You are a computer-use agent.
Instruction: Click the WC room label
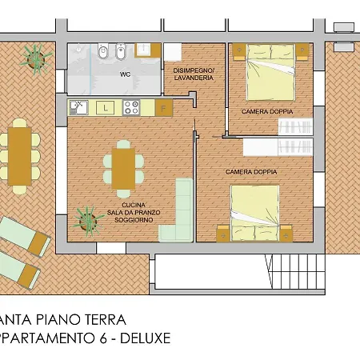pos(125,74)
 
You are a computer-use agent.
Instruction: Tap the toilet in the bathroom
pos(102,54)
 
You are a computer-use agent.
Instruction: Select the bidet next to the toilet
pos(118,54)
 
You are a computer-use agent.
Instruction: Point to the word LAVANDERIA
pos(192,78)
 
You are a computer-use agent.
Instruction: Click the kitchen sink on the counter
pos(78,106)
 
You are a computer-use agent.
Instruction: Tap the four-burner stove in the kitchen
pos(132,106)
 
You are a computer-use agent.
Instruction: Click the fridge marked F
pos(163,106)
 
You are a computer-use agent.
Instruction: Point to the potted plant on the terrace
pos(36,56)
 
